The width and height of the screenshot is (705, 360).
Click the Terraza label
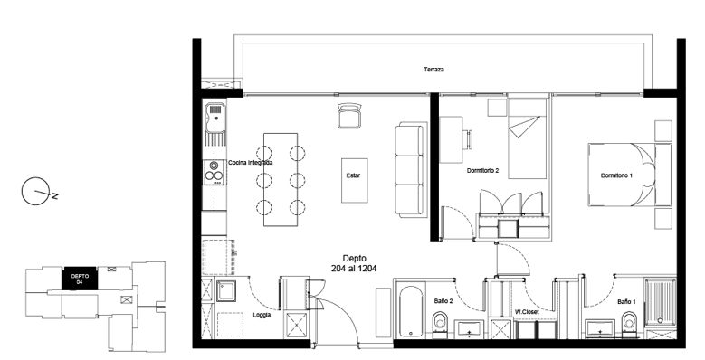coord(433,70)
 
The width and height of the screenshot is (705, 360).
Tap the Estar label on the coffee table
coord(353,175)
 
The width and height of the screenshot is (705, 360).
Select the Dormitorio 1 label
coord(616,175)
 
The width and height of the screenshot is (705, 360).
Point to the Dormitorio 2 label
coord(483,171)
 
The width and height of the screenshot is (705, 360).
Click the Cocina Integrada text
coord(250,163)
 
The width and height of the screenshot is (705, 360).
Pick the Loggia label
coord(262,315)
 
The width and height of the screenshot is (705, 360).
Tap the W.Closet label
coord(527,311)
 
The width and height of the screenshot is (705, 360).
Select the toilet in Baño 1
coord(629,325)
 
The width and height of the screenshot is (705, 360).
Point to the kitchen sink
coord(214,118)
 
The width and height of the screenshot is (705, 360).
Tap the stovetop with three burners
coord(214,172)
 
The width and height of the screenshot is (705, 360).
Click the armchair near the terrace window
coord(349,116)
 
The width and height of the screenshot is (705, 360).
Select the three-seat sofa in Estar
coord(410,170)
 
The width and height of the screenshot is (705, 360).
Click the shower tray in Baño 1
coord(660,301)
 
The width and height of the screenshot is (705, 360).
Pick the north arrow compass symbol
coord(36,192)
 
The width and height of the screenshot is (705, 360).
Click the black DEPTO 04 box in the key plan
coord(79,279)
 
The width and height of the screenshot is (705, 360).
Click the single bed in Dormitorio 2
coord(528,138)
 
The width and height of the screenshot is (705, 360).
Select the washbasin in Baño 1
coord(600,329)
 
